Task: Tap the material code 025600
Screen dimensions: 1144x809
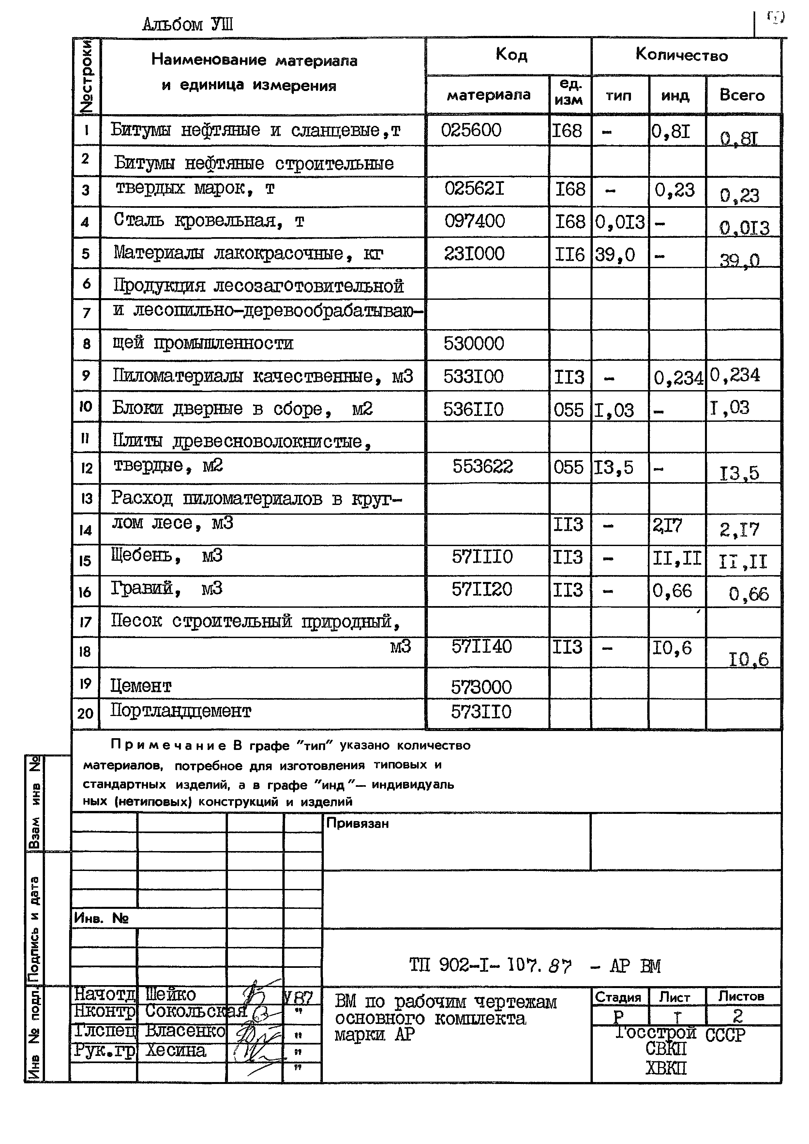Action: coord(471,130)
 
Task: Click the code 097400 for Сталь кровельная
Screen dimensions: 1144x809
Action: coord(474,221)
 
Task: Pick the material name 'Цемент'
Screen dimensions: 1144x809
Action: coord(141,686)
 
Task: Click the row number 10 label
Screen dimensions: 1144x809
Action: coord(86,406)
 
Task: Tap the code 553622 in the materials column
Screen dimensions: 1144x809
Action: coord(482,466)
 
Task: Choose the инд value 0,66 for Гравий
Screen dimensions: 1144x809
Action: coord(672,591)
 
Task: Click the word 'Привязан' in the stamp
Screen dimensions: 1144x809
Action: coord(357,824)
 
